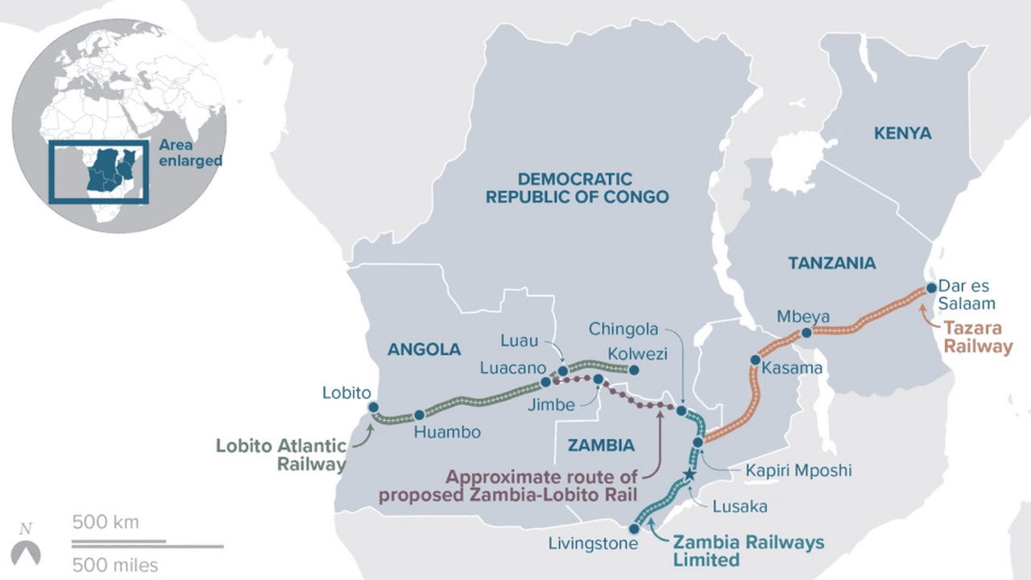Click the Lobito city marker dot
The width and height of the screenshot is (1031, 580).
pyautogui.click(x=373, y=408)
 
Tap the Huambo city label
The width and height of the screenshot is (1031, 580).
pyautogui.click(x=447, y=433)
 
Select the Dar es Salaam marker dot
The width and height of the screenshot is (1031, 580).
pyautogui.click(x=931, y=287)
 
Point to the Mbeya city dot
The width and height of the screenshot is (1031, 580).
pyautogui.click(x=806, y=333)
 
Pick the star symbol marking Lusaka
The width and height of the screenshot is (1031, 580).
pyautogui.click(x=689, y=474)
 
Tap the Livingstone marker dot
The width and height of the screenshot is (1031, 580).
pyautogui.click(x=635, y=529)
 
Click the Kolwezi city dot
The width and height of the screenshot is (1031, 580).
pyautogui.click(x=634, y=371)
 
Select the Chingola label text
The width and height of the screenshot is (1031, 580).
pyautogui.click(x=623, y=329)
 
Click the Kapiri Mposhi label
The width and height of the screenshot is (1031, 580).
pyautogui.click(x=797, y=470)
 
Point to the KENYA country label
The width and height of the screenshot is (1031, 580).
pyautogui.click(x=902, y=134)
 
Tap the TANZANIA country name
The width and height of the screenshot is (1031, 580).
pyautogui.click(x=831, y=263)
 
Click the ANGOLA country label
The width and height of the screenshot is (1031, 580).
pyautogui.click(x=424, y=350)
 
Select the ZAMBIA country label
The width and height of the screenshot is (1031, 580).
pyautogui.click(x=601, y=445)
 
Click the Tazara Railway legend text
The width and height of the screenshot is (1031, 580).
pyautogui.click(x=977, y=338)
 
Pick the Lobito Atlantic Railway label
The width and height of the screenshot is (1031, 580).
pyautogui.click(x=282, y=454)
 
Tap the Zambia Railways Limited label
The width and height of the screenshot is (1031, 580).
pyautogui.click(x=747, y=550)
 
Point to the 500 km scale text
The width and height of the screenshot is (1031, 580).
pyautogui.click(x=106, y=522)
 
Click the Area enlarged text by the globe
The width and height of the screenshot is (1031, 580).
pyautogui.click(x=190, y=152)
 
